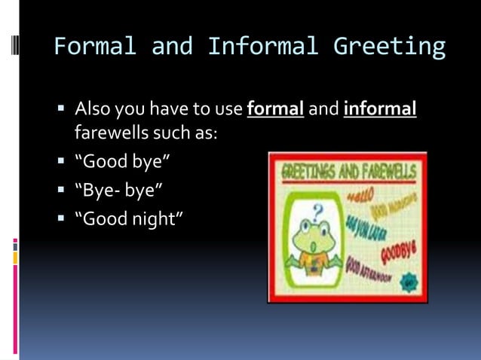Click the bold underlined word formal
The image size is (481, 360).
(x=275, y=110)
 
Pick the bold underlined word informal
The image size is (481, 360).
(x=380, y=110)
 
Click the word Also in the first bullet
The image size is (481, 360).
(x=92, y=110)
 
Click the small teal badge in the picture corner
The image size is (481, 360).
(x=410, y=284)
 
